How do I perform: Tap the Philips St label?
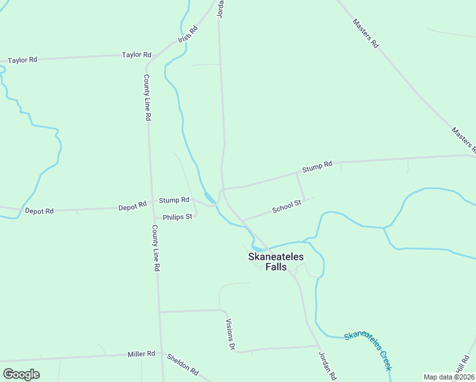pos(178,216)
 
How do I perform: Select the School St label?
pos(286,207)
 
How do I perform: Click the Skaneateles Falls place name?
pos(276,261)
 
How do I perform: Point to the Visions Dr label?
pos(231,334)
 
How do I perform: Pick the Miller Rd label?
pos(141,354)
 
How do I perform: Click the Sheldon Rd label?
pos(183,364)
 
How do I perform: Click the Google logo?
pos(22,374)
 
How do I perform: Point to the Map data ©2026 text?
pos(449,377)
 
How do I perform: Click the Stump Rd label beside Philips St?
pos(174,200)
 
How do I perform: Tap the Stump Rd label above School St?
pos(317,167)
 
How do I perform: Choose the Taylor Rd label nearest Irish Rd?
pos(137,55)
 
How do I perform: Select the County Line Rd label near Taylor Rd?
pos(146,97)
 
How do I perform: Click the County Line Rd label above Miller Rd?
pos(155,248)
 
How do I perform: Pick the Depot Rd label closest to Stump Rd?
pos(132,206)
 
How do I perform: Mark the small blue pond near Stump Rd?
pos(209,197)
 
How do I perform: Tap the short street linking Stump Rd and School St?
pos(300,186)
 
